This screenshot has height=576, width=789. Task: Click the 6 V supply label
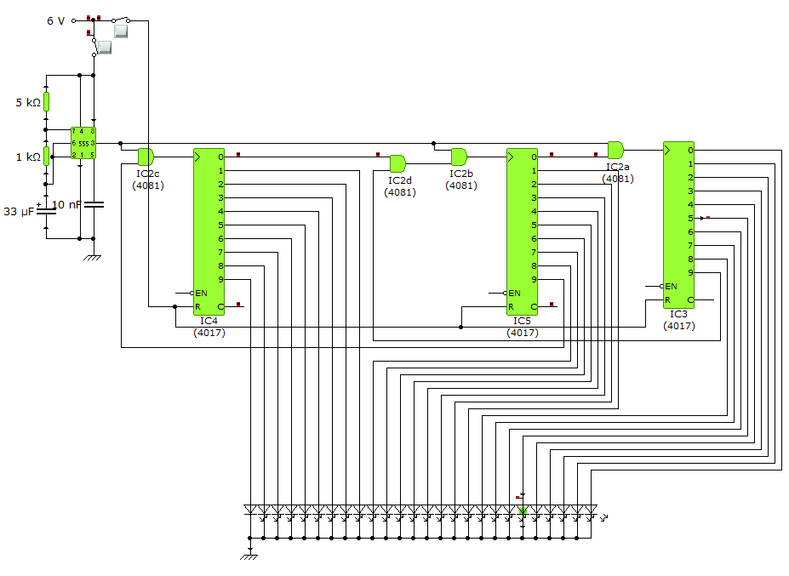click(55, 20)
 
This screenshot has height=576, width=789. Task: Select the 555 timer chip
click(83, 143)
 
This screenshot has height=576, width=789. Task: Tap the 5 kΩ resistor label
click(28, 103)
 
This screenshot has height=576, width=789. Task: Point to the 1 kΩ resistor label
click(28, 157)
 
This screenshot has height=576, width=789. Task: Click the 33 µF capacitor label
click(19, 212)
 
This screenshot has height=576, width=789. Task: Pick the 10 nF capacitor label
click(67, 204)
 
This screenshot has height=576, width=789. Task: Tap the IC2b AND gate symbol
click(459, 157)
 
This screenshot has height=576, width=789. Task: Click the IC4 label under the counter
click(209, 321)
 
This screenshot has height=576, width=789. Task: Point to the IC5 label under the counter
click(522, 321)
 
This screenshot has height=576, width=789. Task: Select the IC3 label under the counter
click(678, 314)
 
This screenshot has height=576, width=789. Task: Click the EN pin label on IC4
click(201, 293)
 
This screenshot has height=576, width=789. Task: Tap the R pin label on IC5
click(512, 306)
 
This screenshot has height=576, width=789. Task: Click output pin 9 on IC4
click(220, 279)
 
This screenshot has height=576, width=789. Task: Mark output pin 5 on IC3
click(690, 218)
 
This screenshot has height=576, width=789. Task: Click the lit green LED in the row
click(523, 511)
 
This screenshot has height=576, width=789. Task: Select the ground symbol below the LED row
click(250, 556)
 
